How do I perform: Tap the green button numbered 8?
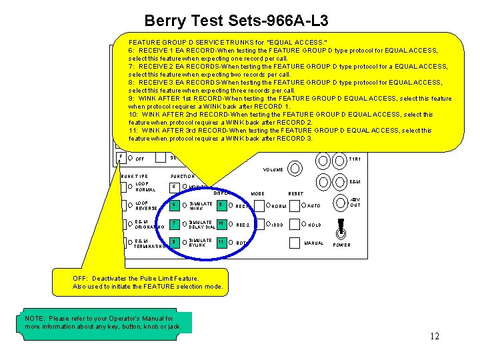click(175, 242)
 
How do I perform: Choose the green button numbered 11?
click(221, 242)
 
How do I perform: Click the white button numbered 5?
click(175, 187)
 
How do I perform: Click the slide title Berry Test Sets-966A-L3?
click(236, 21)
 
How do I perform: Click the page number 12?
click(434, 336)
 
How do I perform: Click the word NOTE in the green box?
click(35, 319)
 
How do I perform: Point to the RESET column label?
click(296, 194)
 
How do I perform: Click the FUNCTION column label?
click(182, 177)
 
